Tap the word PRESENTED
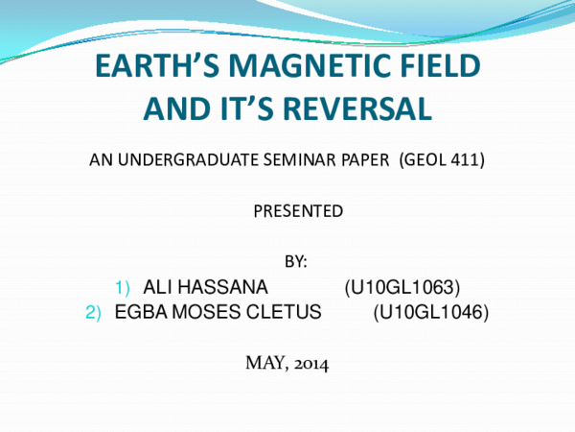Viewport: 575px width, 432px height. tap(297, 210)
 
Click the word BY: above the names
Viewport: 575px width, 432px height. tap(297, 260)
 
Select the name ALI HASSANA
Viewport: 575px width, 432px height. tap(205, 287)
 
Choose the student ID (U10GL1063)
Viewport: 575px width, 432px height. tap(402, 287)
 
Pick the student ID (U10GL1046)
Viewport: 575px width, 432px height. tap(430, 312)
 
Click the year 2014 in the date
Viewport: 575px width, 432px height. tap(310, 363)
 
